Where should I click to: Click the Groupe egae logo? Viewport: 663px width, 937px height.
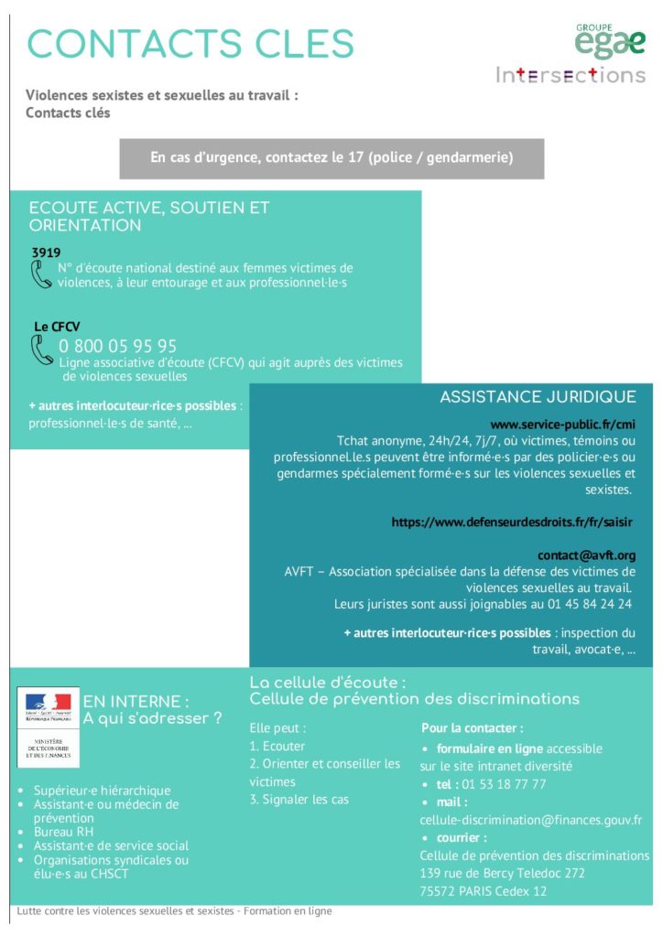tap(610, 41)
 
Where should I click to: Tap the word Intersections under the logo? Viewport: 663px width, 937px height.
tap(571, 75)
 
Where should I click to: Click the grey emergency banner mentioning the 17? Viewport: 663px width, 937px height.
tap(331, 158)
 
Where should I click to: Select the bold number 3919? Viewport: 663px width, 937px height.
tap(46, 252)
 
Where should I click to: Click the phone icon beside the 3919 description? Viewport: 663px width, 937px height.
tap(41, 275)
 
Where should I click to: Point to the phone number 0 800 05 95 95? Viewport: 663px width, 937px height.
tap(118, 346)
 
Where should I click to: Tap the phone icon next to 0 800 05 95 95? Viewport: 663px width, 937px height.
tap(42, 350)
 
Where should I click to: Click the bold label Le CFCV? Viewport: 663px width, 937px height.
tap(53, 326)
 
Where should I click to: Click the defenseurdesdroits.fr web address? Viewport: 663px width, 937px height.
tap(512, 522)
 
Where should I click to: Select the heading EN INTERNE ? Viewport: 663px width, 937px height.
tap(136, 702)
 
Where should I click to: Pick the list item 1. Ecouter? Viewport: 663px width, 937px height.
tap(277, 746)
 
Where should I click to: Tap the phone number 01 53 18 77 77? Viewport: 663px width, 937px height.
tap(504, 784)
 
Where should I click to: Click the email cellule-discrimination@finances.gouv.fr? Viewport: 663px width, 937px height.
tap(530, 820)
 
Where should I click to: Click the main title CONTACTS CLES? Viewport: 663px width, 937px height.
tap(190, 44)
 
